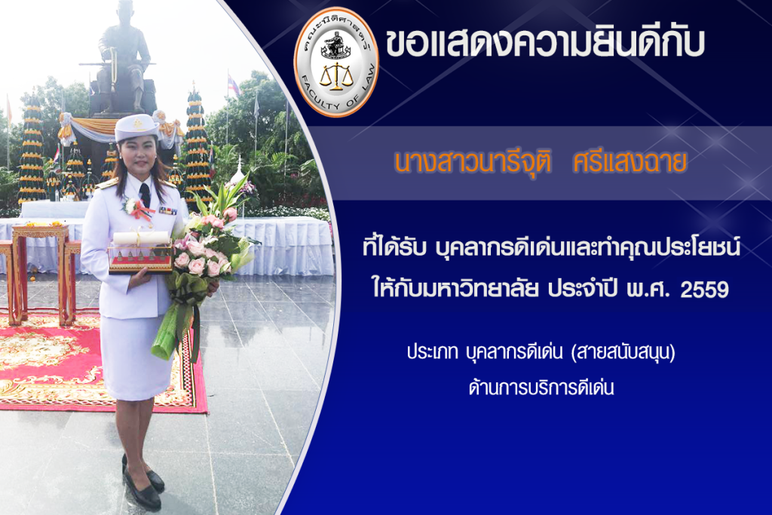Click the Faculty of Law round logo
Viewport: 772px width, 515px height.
pos(336,62)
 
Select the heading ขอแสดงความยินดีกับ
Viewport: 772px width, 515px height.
pos(545,41)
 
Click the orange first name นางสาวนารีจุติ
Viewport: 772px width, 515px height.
pos(473,162)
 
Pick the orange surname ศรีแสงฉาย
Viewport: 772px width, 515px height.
pos(630,162)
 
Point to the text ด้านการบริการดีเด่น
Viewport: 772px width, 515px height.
pos(541,388)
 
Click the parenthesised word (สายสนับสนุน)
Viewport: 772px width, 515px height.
pos(623,353)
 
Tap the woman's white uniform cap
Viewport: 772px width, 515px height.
pos(136,127)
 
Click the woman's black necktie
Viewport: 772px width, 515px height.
pos(144,195)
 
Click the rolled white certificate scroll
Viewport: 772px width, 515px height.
pos(141,238)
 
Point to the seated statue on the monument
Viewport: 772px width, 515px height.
pos(123,57)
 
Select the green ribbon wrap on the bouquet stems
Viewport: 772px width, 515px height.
pos(178,320)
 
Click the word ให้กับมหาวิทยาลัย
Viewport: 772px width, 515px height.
pos(455,289)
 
